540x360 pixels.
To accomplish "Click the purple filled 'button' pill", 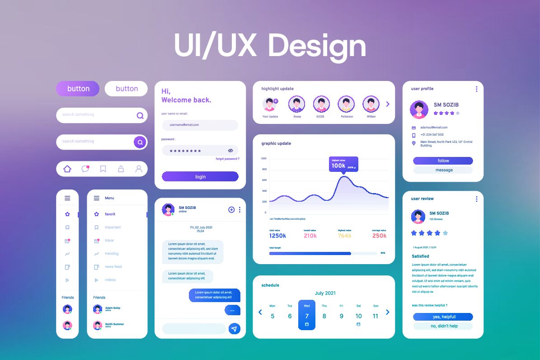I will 77,89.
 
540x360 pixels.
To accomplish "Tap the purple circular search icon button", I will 140,142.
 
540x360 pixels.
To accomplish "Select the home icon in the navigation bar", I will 67,169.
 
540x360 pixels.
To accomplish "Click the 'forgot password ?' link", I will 227,159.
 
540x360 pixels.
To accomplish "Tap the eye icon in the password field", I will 230,151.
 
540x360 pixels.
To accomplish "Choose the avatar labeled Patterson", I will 347,104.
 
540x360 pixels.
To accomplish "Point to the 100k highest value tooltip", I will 343,165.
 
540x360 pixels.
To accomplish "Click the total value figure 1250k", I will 277,236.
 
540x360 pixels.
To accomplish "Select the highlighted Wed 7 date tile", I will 307,315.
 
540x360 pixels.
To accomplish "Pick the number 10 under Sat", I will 358,316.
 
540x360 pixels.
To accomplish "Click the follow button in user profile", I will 443,161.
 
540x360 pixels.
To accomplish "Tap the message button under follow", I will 443,170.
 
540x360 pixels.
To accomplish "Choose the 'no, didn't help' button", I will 443,326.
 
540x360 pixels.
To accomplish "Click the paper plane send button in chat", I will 234,329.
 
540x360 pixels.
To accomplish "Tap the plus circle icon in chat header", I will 231,209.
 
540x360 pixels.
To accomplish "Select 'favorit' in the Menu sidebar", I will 110,214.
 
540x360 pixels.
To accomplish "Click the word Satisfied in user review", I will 420,256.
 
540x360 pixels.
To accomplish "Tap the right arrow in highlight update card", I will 388,104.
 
